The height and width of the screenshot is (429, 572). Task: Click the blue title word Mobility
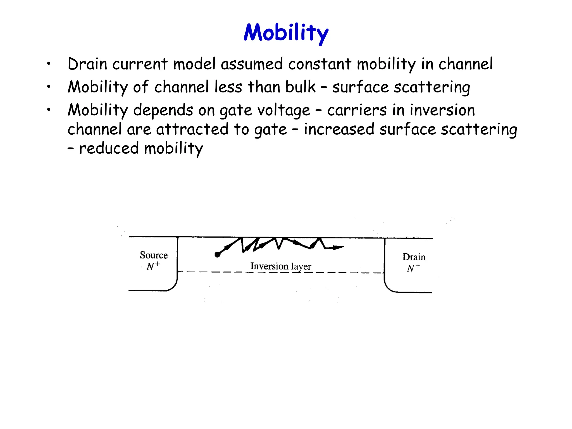click(286, 33)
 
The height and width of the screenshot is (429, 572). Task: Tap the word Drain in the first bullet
click(87, 64)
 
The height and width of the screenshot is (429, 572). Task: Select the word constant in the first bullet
click(320, 64)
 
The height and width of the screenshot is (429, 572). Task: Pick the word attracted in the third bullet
click(192, 129)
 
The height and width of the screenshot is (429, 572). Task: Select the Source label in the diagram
click(154, 255)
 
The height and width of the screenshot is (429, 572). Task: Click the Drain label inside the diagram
click(414, 257)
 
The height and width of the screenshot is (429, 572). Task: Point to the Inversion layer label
click(281, 266)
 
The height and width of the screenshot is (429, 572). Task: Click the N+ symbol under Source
click(153, 266)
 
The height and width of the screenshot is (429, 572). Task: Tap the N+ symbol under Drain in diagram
click(413, 268)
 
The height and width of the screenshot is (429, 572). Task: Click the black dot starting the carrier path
click(217, 254)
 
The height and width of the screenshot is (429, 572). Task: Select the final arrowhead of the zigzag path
click(339, 247)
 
